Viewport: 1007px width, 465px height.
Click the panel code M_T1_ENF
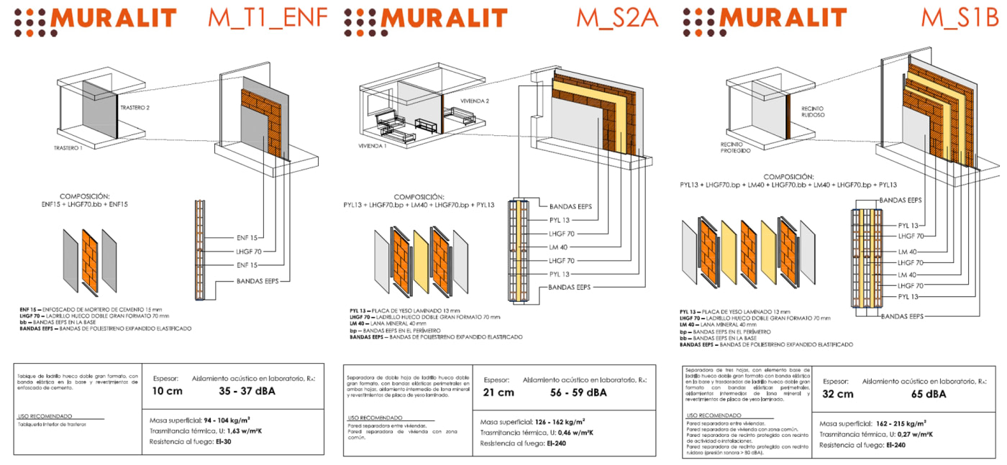click(x=267, y=18)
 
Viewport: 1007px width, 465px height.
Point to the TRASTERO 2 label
click(x=136, y=107)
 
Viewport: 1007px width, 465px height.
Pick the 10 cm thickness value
click(x=167, y=392)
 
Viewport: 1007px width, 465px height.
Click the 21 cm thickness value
click(x=498, y=392)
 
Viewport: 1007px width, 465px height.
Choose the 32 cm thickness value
click(x=838, y=394)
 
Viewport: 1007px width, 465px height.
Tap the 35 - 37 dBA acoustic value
click(x=247, y=392)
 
